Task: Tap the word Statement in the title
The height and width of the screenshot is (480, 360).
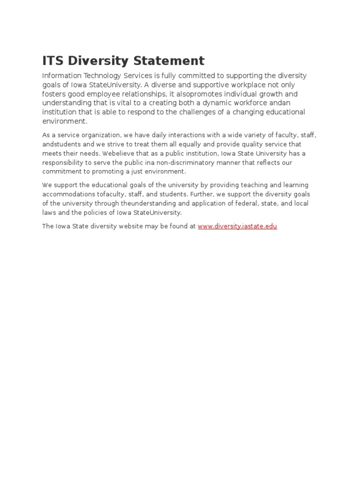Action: pyautogui.click(x=170, y=61)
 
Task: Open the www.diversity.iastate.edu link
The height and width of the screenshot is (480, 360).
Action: pyautogui.click(x=237, y=226)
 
